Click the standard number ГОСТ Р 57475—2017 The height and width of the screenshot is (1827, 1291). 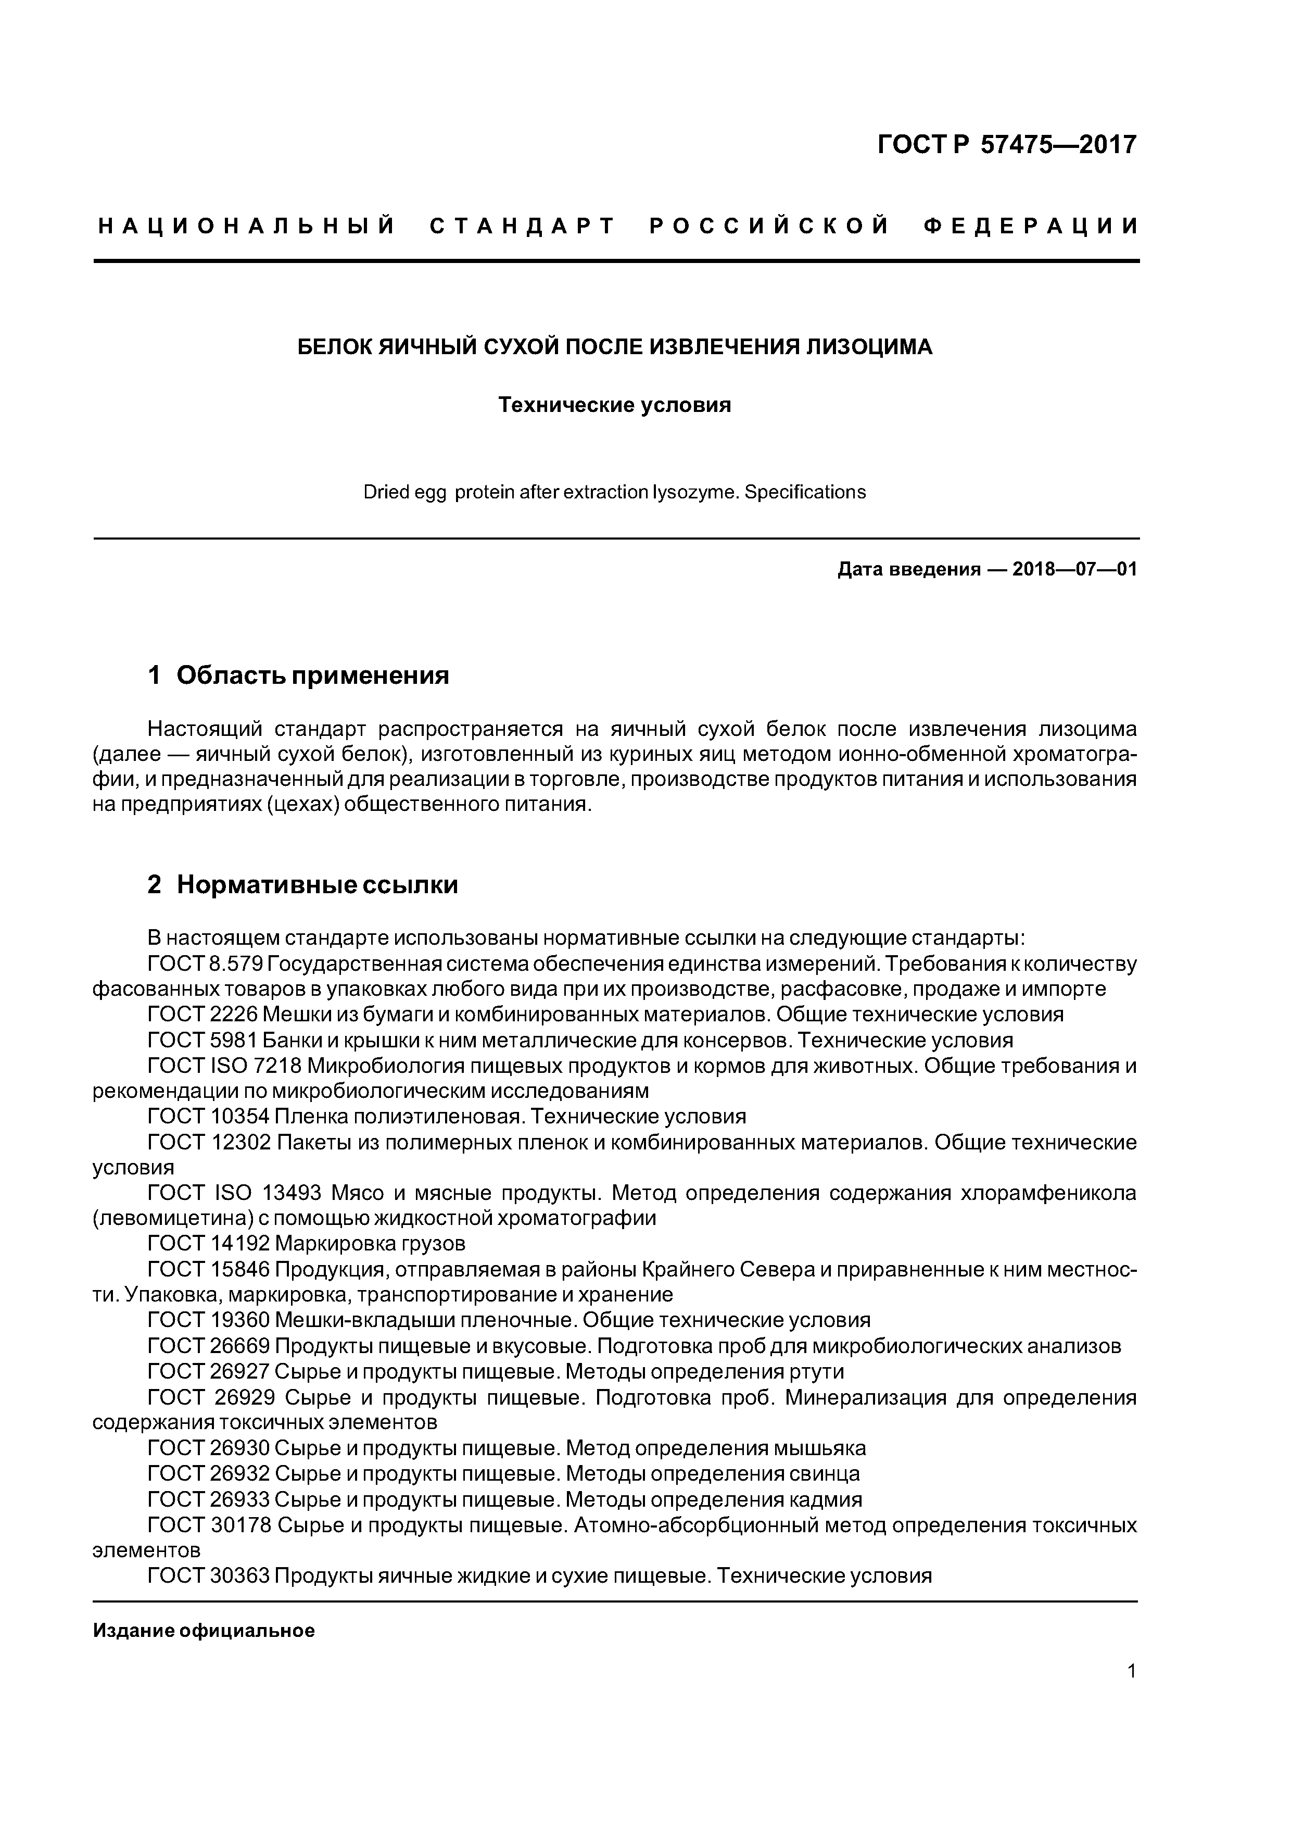[1006, 145]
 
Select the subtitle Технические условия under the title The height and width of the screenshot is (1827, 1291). [614, 405]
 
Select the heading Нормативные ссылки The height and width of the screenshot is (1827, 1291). [317, 885]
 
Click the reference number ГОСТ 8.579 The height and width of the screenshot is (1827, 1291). [205, 965]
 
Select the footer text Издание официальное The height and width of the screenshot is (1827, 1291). [204, 1631]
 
